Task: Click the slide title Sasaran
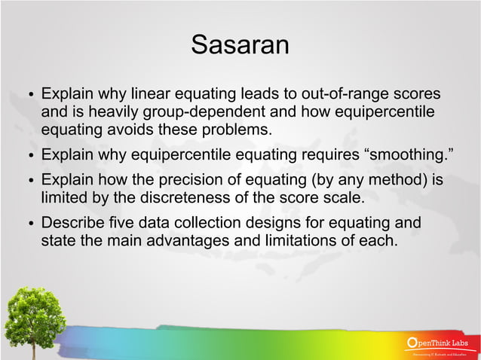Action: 240,44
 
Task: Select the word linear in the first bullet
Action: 151,96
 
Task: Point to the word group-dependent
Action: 219,113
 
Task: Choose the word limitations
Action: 320,241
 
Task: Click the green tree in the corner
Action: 34,320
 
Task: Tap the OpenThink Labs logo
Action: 440,345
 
